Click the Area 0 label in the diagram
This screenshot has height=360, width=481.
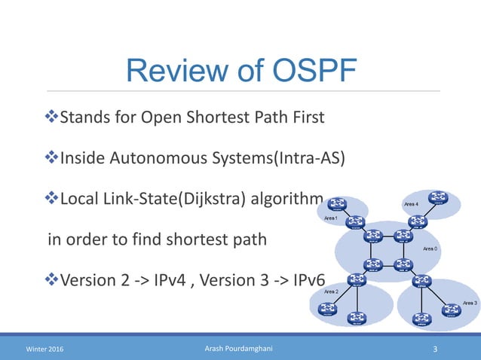pyautogui.click(x=431, y=248)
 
